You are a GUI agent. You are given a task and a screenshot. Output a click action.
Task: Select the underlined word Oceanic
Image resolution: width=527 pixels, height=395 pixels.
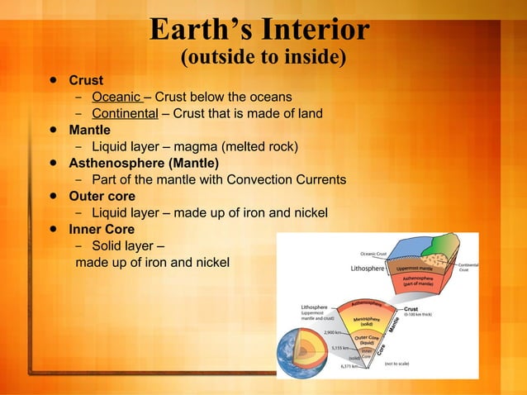(x=116, y=98)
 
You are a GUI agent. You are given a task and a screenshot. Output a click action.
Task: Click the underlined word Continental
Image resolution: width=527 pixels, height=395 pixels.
(x=125, y=114)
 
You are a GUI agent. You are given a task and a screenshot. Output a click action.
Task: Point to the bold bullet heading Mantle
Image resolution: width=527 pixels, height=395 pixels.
(x=89, y=130)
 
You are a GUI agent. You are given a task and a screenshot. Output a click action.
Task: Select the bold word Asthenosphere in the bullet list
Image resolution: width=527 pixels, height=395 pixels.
(x=117, y=163)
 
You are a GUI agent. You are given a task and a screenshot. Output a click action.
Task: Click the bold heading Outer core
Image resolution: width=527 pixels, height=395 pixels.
(x=102, y=196)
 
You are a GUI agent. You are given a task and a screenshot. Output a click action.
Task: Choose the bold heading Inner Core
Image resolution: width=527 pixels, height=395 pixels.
(x=102, y=229)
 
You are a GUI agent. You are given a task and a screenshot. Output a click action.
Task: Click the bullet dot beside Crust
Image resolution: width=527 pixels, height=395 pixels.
(x=53, y=81)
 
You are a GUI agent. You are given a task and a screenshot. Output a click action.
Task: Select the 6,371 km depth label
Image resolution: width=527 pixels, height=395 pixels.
(x=349, y=366)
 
